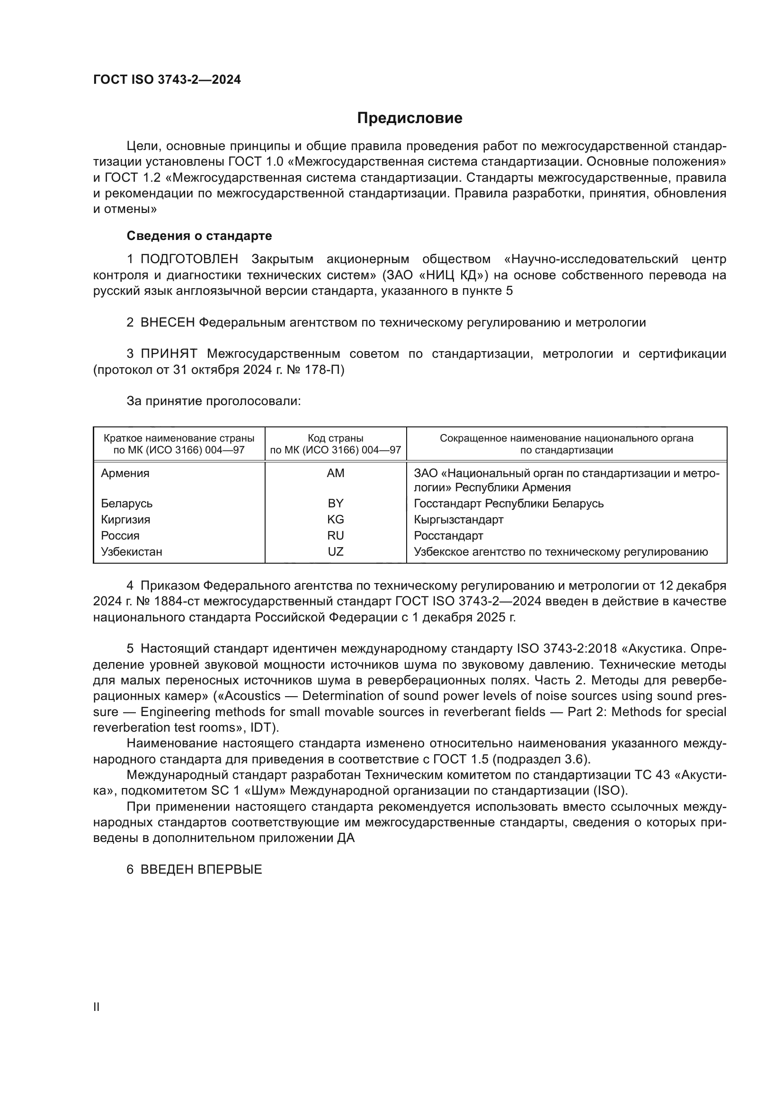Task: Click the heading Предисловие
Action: click(409, 118)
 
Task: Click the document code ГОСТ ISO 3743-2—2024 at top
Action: click(167, 80)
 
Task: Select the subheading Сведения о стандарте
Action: click(199, 236)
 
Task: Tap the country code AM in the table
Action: click(336, 473)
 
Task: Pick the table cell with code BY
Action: click(336, 504)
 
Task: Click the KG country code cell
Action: click(336, 519)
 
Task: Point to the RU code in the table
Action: click(336, 536)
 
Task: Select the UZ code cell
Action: click(336, 551)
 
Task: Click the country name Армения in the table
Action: click(125, 473)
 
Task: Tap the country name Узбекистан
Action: click(132, 551)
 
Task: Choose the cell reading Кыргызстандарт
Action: click(459, 519)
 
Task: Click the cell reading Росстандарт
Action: click(448, 536)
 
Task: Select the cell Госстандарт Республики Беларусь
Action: click(508, 504)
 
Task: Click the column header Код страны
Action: click(336, 438)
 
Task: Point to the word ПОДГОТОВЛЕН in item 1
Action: click(189, 259)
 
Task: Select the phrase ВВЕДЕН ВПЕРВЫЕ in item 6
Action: click(201, 870)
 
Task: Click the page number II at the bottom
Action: click(97, 1007)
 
